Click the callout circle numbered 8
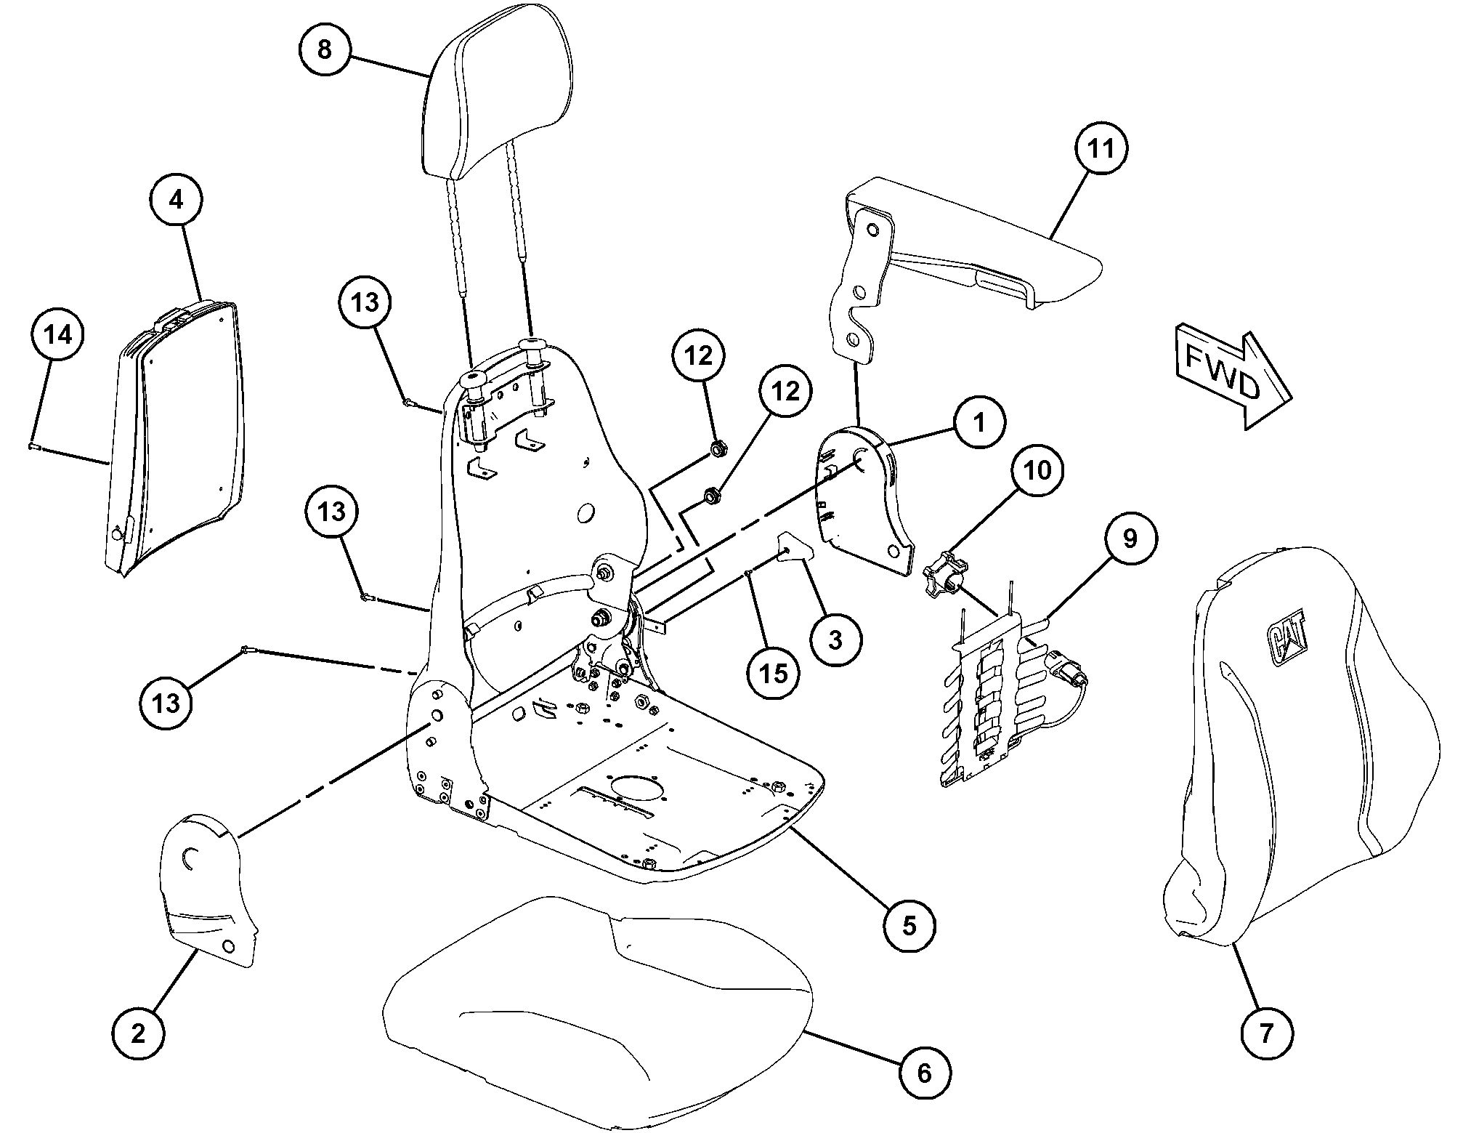(x=325, y=49)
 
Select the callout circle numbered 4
(x=177, y=199)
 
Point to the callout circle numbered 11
(x=1101, y=148)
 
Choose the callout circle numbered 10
(x=1038, y=470)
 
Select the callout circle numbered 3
(x=835, y=640)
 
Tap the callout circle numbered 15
(x=774, y=673)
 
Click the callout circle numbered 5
(x=909, y=925)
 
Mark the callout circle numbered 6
(x=924, y=1073)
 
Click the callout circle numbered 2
(x=138, y=1033)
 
